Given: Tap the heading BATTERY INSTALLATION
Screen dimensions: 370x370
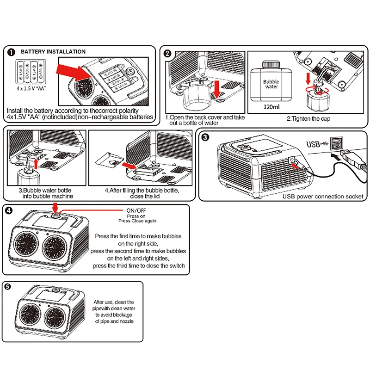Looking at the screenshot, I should [x=53, y=52].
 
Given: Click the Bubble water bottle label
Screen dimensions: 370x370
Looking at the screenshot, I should [x=271, y=84].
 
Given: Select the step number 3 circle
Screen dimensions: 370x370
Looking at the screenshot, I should [x=206, y=137].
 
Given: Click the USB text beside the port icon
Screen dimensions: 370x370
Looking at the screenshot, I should [x=313, y=143].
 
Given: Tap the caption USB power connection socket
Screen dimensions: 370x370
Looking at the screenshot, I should [x=323, y=197].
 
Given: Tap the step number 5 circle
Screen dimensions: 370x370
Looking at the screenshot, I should [x=8, y=287].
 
